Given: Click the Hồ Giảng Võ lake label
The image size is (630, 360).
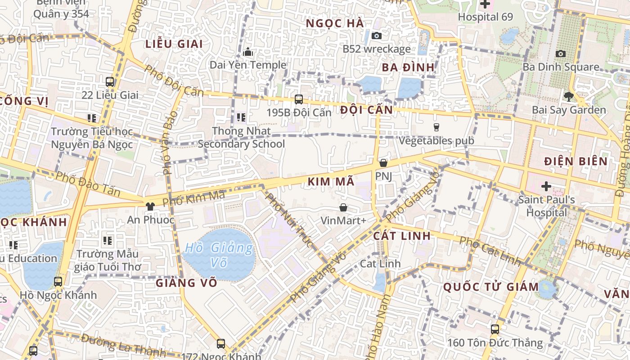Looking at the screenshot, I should click(x=219, y=255).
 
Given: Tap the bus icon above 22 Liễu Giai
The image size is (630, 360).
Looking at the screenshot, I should click(x=110, y=82).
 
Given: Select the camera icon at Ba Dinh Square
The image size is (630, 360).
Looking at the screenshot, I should click(x=561, y=54).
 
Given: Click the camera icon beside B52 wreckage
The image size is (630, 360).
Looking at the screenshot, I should click(x=377, y=36).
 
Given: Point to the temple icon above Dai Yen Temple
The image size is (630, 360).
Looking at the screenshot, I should click(x=248, y=52).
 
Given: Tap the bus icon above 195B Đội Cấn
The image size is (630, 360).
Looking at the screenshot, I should click(x=298, y=99).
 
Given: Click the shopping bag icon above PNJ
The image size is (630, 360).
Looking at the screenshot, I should click(x=383, y=163).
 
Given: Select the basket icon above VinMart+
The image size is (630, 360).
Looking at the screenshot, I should click(x=343, y=207).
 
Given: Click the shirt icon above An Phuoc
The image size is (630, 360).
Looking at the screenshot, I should click(x=150, y=207).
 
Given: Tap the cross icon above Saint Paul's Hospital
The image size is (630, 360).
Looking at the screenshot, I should click(x=546, y=186).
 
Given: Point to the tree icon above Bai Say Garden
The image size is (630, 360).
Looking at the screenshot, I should click(x=569, y=96).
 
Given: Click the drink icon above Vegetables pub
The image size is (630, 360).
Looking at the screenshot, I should click(x=436, y=127).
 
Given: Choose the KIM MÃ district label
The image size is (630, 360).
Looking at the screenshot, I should click(x=332, y=182).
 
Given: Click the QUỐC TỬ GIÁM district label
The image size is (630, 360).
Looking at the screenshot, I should click(x=491, y=287).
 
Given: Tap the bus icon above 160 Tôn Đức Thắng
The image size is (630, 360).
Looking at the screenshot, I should click(x=495, y=329).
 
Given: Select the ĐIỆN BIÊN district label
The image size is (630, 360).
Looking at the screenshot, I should click(x=576, y=161).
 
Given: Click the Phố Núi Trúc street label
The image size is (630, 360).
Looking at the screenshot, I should click(x=289, y=220).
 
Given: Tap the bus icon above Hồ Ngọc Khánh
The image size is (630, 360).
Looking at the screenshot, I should click(x=58, y=282).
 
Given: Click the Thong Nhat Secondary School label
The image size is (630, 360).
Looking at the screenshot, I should click(x=241, y=137).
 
